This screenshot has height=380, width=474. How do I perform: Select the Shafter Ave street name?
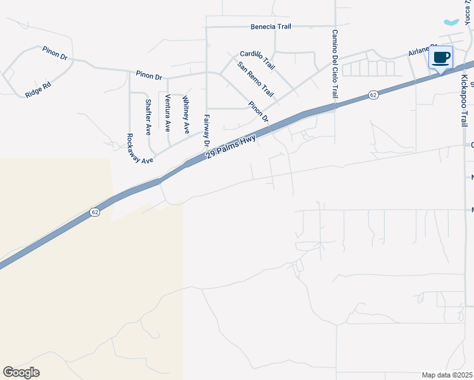click(148, 117)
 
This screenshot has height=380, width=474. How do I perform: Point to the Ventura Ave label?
click(167, 112)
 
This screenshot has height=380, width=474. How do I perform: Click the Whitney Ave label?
click(186, 114)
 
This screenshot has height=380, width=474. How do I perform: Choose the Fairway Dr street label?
click(207, 130)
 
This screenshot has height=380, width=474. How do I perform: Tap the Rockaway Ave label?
click(139, 149)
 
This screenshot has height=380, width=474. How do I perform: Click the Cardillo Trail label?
click(257, 60)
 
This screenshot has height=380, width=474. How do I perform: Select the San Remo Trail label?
click(255, 79)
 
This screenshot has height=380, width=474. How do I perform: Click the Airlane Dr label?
click(422, 50)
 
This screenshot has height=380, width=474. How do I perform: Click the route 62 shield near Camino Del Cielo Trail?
click(373, 95)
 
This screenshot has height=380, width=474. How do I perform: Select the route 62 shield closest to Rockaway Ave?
click(94, 212)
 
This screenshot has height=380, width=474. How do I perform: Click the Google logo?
click(21, 372)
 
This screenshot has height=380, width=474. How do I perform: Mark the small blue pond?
click(452, 22)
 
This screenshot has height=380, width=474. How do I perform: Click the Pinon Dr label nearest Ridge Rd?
click(55, 52)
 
